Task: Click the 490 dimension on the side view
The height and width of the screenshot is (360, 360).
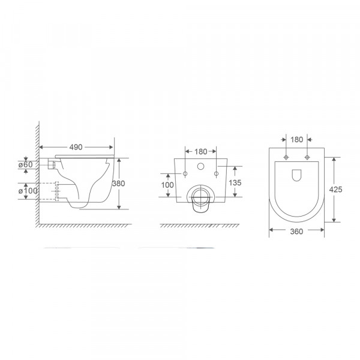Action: (x=76, y=146)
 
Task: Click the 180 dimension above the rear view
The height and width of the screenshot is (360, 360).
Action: (x=200, y=151)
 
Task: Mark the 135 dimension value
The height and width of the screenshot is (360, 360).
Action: (x=235, y=182)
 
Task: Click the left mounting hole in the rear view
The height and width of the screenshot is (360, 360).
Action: (x=185, y=174)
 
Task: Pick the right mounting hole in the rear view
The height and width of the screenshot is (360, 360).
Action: (x=216, y=174)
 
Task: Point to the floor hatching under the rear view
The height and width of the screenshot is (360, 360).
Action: (x=200, y=226)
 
